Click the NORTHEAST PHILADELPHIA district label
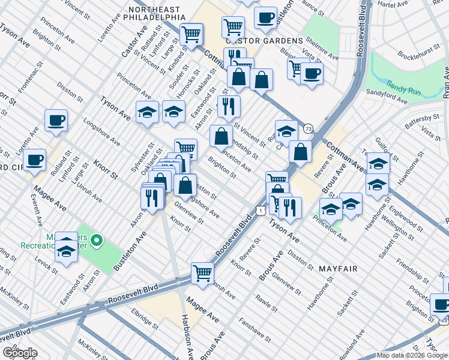(154, 14)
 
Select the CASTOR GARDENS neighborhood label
(264, 40)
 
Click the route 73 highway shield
(308, 128)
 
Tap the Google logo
(20, 353)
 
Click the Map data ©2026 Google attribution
(411, 355)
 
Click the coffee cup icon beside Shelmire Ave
(311, 74)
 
